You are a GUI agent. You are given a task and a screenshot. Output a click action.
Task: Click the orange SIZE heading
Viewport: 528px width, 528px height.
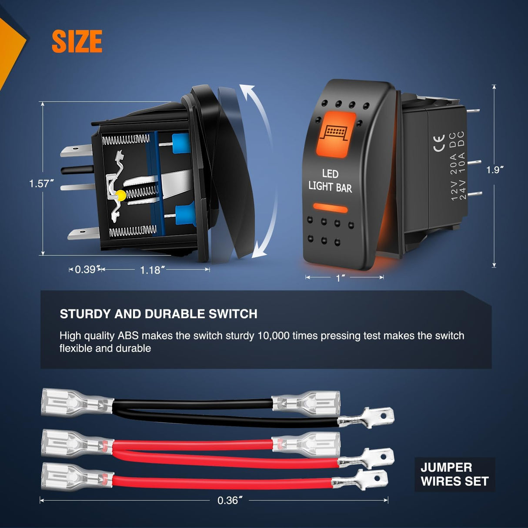tap(77, 41)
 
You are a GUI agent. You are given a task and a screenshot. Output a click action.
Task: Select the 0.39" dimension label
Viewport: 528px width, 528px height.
tap(85, 269)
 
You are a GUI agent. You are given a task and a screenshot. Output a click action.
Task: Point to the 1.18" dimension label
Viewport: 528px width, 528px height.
tap(152, 270)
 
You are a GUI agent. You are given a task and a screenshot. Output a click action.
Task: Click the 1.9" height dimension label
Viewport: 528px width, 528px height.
tap(495, 170)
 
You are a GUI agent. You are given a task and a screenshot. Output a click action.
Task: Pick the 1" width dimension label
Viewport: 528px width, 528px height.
tap(340, 278)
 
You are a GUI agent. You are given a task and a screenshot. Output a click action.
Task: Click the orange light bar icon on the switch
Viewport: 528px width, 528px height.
tap(336, 134)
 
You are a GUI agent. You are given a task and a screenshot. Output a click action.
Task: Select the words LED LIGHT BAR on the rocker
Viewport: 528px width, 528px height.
tap(330, 181)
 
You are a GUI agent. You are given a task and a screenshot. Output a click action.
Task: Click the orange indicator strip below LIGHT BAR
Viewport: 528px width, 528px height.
tap(330, 207)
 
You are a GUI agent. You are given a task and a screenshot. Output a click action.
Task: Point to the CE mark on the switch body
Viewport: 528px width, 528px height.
tap(439, 143)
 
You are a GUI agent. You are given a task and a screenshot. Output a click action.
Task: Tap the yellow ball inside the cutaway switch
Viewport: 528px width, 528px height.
tap(120, 195)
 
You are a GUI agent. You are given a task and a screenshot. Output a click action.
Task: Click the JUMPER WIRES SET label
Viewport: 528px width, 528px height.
tap(455, 475)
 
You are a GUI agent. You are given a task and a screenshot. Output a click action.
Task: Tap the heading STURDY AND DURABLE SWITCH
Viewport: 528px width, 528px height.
tap(159, 314)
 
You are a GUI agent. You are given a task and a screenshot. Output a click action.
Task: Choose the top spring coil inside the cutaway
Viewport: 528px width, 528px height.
tap(126, 140)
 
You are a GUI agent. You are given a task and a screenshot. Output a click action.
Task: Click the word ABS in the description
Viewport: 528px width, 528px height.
tap(128, 336)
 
